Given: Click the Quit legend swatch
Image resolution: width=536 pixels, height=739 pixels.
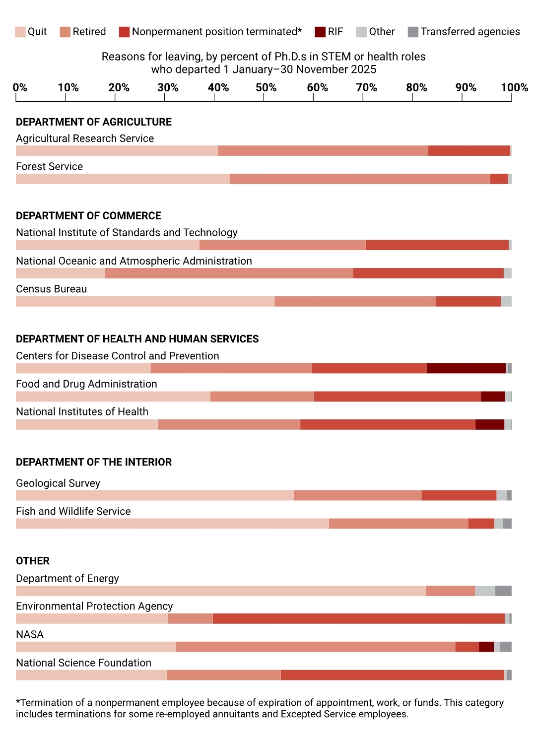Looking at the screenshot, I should (x=20, y=32).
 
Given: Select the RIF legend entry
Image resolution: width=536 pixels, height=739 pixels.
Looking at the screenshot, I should (x=329, y=32).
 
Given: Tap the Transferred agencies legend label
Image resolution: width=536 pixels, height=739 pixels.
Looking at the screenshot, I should (x=470, y=32).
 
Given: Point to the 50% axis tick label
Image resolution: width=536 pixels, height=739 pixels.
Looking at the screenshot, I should (x=266, y=88).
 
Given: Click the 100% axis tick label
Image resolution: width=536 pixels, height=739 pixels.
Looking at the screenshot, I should (x=514, y=88).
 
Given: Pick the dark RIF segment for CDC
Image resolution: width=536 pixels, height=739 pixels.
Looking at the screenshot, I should (x=466, y=368).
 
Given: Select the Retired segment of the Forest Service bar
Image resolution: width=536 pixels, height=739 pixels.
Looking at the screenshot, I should (x=360, y=179).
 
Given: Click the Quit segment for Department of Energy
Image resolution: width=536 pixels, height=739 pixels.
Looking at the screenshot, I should (x=221, y=591).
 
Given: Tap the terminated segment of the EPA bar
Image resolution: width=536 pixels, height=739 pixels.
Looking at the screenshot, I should (x=358, y=619).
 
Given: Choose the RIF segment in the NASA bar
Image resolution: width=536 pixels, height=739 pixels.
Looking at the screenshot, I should (x=486, y=647).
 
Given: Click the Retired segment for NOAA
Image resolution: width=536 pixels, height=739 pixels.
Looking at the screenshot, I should (x=229, y=273).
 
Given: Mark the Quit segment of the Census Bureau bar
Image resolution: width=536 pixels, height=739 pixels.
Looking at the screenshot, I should (x=145, y=302).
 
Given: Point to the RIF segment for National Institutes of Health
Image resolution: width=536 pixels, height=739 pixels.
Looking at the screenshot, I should (x=490, y=425).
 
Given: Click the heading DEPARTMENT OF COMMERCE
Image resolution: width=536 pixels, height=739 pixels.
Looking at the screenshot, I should (x=88, y=216).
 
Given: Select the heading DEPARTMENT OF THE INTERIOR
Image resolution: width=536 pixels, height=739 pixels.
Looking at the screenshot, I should (x=94, y=463).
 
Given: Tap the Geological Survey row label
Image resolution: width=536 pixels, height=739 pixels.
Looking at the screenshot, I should (x=58, y=483).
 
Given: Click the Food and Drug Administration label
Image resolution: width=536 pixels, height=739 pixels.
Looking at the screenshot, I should (x=86, y=384).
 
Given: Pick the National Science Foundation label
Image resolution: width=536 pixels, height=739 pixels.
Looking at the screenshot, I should (x=83, y=663).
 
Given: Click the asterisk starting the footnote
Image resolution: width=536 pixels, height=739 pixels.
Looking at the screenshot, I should (x=18, y=702).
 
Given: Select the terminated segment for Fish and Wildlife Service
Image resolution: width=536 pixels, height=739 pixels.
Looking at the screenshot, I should (x=481, y=524).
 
